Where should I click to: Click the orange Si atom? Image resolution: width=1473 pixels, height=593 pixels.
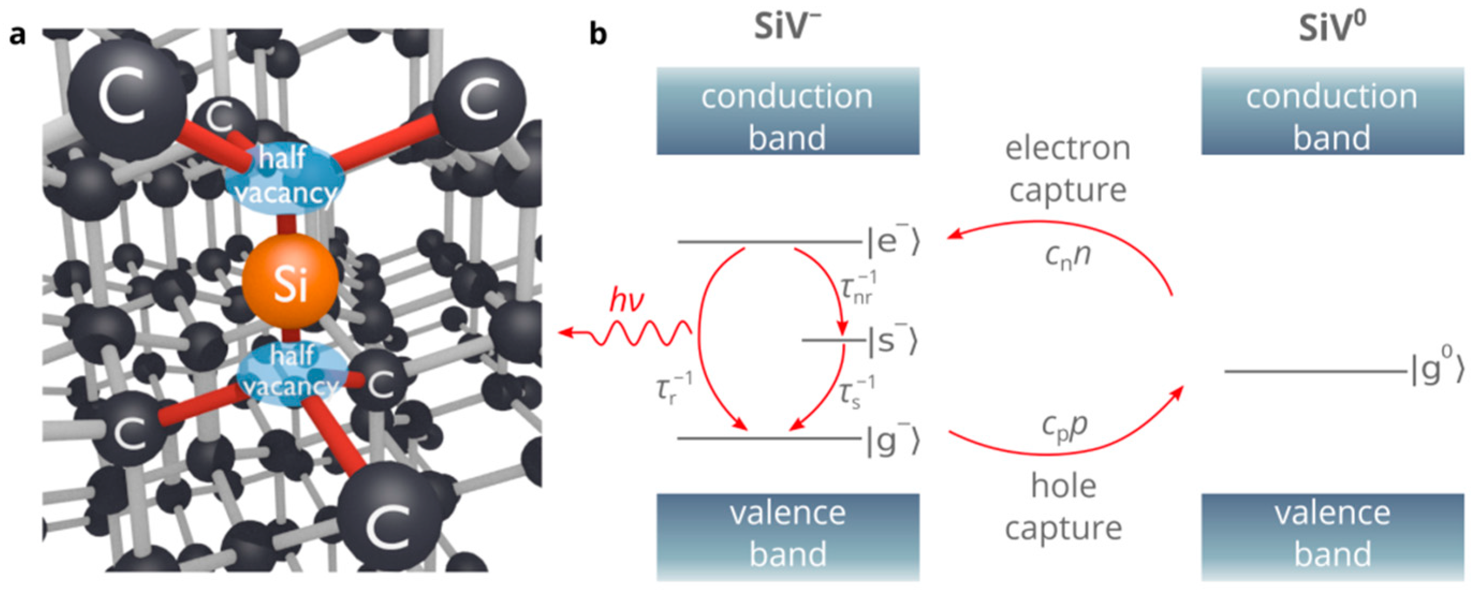(290, 283)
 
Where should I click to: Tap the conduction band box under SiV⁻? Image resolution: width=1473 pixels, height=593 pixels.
(787, 111)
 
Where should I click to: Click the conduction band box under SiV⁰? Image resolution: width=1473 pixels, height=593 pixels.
(1332, 111)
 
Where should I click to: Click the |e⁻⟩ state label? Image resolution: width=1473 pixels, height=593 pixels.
(892, 242)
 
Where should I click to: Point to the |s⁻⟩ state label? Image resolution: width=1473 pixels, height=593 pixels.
(892, 341)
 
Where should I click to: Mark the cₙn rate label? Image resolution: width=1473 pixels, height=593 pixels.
(1067, 255)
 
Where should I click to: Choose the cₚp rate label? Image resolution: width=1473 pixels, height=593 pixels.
(1064, 425)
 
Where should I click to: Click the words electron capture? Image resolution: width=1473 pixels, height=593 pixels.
(1067, 169)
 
